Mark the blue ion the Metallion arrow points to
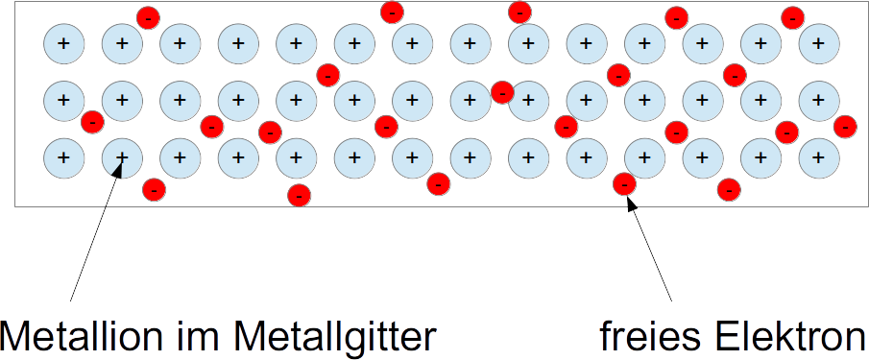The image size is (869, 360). pos(122,157)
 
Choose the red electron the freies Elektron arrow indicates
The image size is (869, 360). pos(624,183)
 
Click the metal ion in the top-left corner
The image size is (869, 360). pos(63,43)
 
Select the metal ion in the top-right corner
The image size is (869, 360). pos(818,43)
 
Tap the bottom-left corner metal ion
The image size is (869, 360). pos(63,157)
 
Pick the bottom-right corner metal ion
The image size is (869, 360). pos(818,157)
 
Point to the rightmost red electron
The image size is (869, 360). pos(845,127)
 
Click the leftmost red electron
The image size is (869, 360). pos(92,122)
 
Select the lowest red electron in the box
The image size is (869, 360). pos(300,196)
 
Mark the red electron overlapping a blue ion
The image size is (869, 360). pos(502,92)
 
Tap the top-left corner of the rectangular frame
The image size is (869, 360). pos(15,2)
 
